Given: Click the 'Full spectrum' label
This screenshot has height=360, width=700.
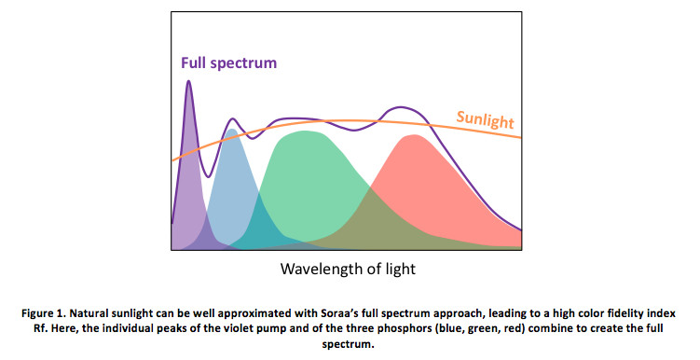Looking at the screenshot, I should point(229,62).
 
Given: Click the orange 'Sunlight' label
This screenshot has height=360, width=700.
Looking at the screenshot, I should point(485,119).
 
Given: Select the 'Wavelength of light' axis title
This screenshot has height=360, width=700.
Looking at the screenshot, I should point(348,269).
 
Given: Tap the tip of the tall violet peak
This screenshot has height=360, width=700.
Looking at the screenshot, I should point(189,81).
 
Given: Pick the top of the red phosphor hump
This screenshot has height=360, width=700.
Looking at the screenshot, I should point(410,136).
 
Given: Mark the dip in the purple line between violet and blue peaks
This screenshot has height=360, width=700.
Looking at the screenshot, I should point(208,175).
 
